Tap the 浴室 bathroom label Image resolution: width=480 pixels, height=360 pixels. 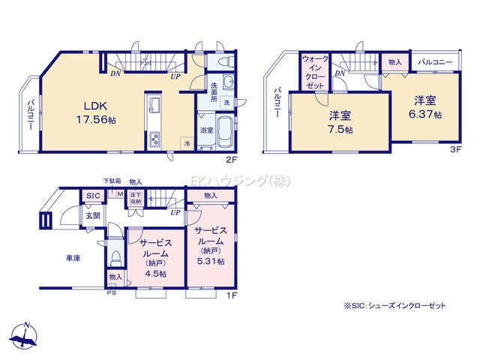pyautogui.click(x=207, y=130)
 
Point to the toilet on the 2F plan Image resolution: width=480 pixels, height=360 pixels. pyautogui.click(x=228, y=61)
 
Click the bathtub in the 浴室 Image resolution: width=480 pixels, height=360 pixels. pyautogui.click(x=225, y=127)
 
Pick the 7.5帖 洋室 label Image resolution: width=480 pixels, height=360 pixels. pyautogui.click(x=339, y=122)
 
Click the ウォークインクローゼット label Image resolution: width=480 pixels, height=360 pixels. pyautogui.click(x=314, y=72)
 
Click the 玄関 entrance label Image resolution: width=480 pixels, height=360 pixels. pyautogui.click(x=92, y=216)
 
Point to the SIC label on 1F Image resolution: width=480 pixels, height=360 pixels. pyautogui.click(x=93, y=196)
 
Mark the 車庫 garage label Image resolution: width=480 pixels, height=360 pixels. pyautogui.click(x=73, y=258)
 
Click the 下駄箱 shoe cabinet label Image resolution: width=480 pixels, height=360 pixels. pyautogui.click(x=112, y=181)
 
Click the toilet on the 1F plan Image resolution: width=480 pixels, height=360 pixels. pyautogui.click(x=115, y=258)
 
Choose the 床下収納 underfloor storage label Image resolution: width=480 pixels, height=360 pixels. pyautogui.click(x=136, y=198)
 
